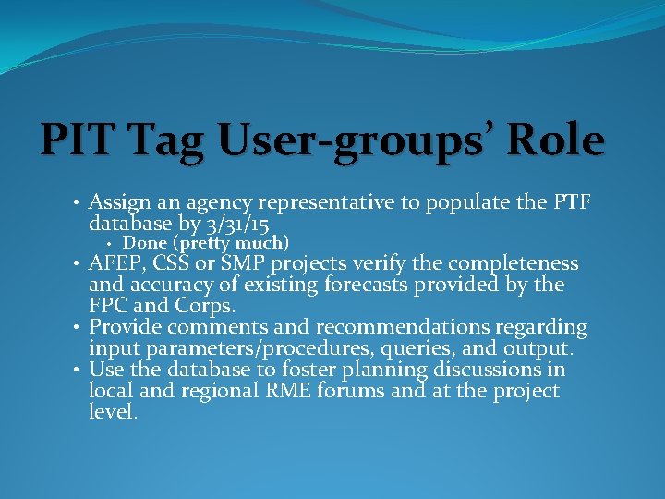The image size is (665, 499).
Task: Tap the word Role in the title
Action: coord(552,140)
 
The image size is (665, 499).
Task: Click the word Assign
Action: coord(115,203)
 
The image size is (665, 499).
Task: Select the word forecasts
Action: coord(405,285)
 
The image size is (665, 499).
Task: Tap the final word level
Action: coord(112,412)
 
